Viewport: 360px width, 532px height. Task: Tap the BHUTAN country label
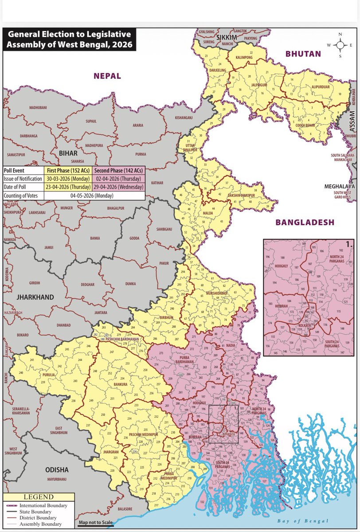(303, 54)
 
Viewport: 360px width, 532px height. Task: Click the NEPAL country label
(106, 76)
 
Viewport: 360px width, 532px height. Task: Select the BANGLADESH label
(305, 223)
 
